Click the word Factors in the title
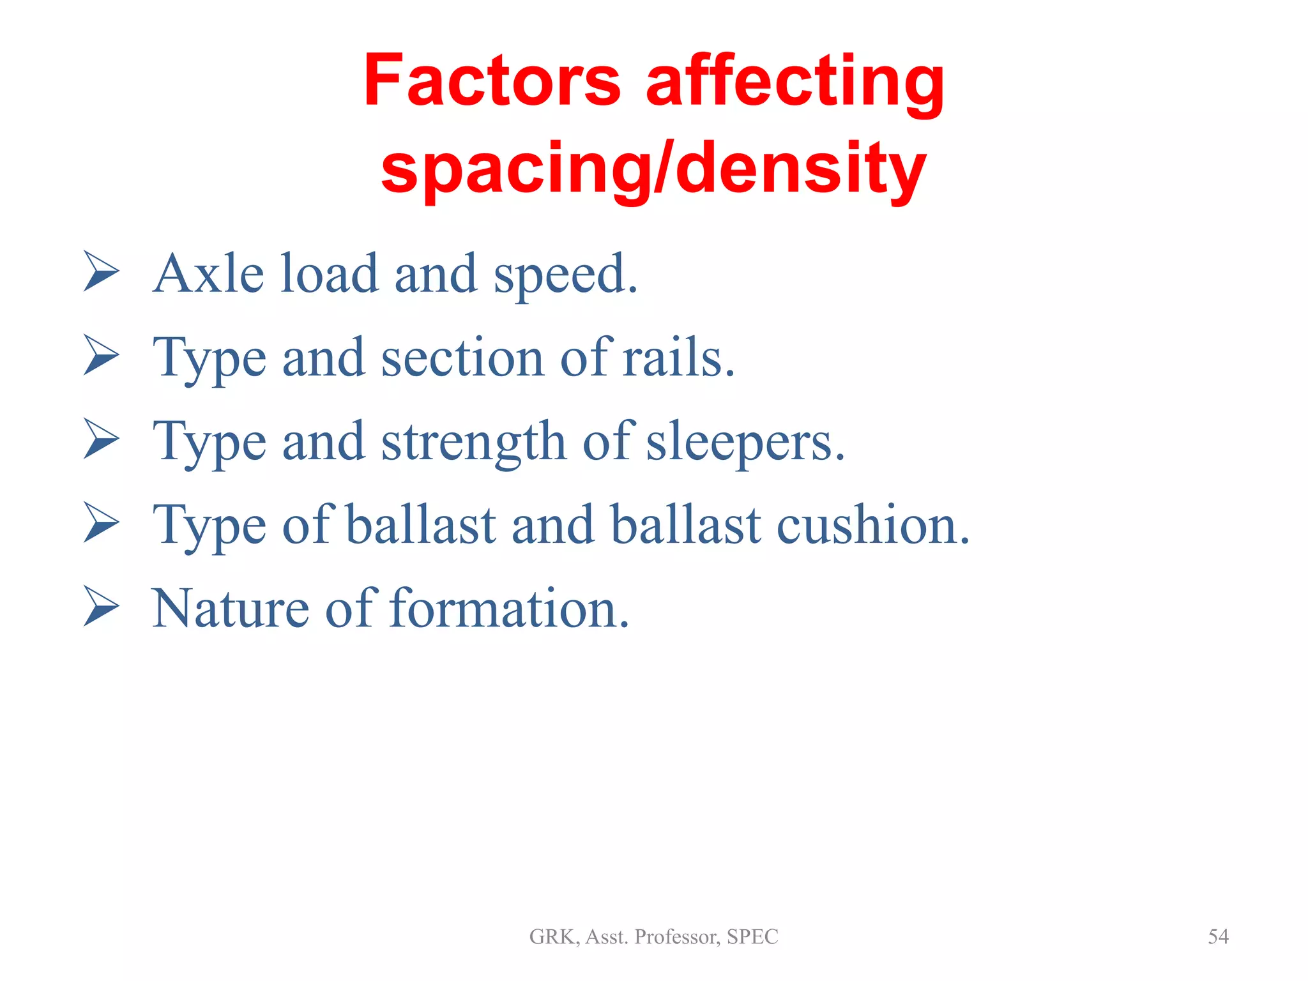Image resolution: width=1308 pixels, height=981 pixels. pyautogui.click(x=492, y=82)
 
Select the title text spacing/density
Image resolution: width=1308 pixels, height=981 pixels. pyautogui.click(x=653, y=168)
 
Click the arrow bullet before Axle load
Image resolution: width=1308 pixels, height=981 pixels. pyautogui.click(x=101, y=272)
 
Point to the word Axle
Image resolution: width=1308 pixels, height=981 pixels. pyautogui.click(x=208, y=274)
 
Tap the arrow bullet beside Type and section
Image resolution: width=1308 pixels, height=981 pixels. pyautogui.click(x=101, y=356)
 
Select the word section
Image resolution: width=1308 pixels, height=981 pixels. pyautogui.click(x=462, y=358)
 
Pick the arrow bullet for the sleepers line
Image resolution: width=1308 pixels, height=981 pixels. pyautogui.click(x=101, y=440)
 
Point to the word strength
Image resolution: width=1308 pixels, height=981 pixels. pyautogui.click(x=473, y=443)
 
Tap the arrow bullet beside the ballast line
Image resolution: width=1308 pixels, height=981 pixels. pyautogui.click(x=101, y=524)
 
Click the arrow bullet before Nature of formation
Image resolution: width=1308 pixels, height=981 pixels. pyautogui.click(x=101, y=607)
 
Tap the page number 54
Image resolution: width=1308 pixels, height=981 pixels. pyautogui.click(x=1218, y=936)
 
